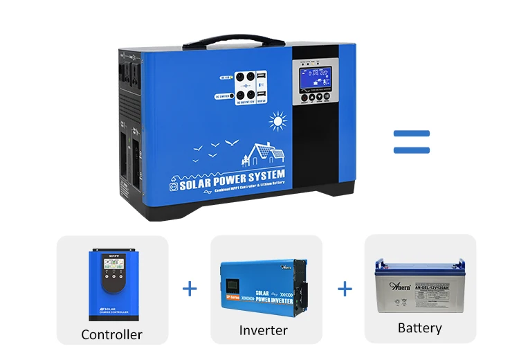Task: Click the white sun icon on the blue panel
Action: click(x=278, y=123)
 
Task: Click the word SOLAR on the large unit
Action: click(x=202, y=184)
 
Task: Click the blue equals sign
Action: click(x=411, y=141)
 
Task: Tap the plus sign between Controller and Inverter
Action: click(x=190, y=289)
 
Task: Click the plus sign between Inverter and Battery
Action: click(x=345, y=289)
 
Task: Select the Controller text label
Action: click(x=111, y=334)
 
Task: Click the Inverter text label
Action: click(x=263, y=330)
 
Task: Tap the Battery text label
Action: click(x=419, y=327)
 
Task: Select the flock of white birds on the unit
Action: click(x=215, y=147)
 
